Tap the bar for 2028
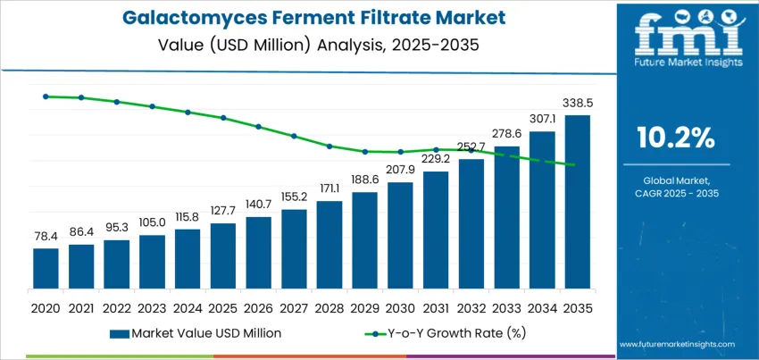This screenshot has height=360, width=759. point(329,240)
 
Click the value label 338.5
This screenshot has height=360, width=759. point(578,104)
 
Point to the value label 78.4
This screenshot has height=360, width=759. point(46,237)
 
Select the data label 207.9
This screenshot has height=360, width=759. point(400,171)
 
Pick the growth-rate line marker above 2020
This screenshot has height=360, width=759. point(46,96)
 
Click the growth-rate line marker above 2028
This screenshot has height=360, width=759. point(329,147)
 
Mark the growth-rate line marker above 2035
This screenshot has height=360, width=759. point(577,165)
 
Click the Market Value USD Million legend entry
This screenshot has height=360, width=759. point(196,333)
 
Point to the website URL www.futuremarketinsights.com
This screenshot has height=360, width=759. point(676,344)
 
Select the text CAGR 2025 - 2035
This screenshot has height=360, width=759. point(675,194)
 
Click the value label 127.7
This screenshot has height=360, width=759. point(223,212)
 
